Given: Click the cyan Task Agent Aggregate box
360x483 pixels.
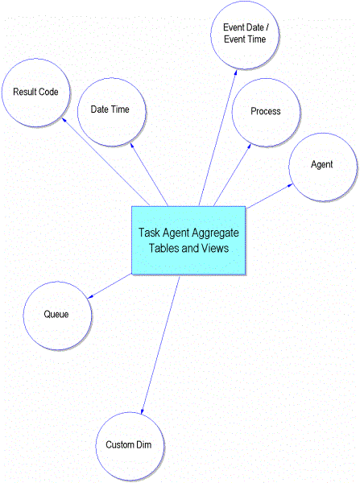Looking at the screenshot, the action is (x=188, y=240).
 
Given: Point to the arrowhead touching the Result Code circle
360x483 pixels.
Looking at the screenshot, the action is (x=64, y=120).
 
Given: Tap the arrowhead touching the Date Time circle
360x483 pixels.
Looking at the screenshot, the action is (x=132, y=146).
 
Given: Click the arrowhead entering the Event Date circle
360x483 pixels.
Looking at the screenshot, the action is (x=235, y=72).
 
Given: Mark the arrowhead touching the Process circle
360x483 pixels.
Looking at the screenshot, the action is (x=249, y=147).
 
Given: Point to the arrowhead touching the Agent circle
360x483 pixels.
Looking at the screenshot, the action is (x=290, y=185).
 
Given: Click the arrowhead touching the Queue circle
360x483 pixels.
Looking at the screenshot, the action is (x=90, y=296).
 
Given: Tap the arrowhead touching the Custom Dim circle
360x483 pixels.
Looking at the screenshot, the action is (x=142, y=411).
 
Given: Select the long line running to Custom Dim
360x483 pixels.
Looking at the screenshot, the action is (x=160, y=345).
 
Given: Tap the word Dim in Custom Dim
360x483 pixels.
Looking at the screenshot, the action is (x=144, y=444).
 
